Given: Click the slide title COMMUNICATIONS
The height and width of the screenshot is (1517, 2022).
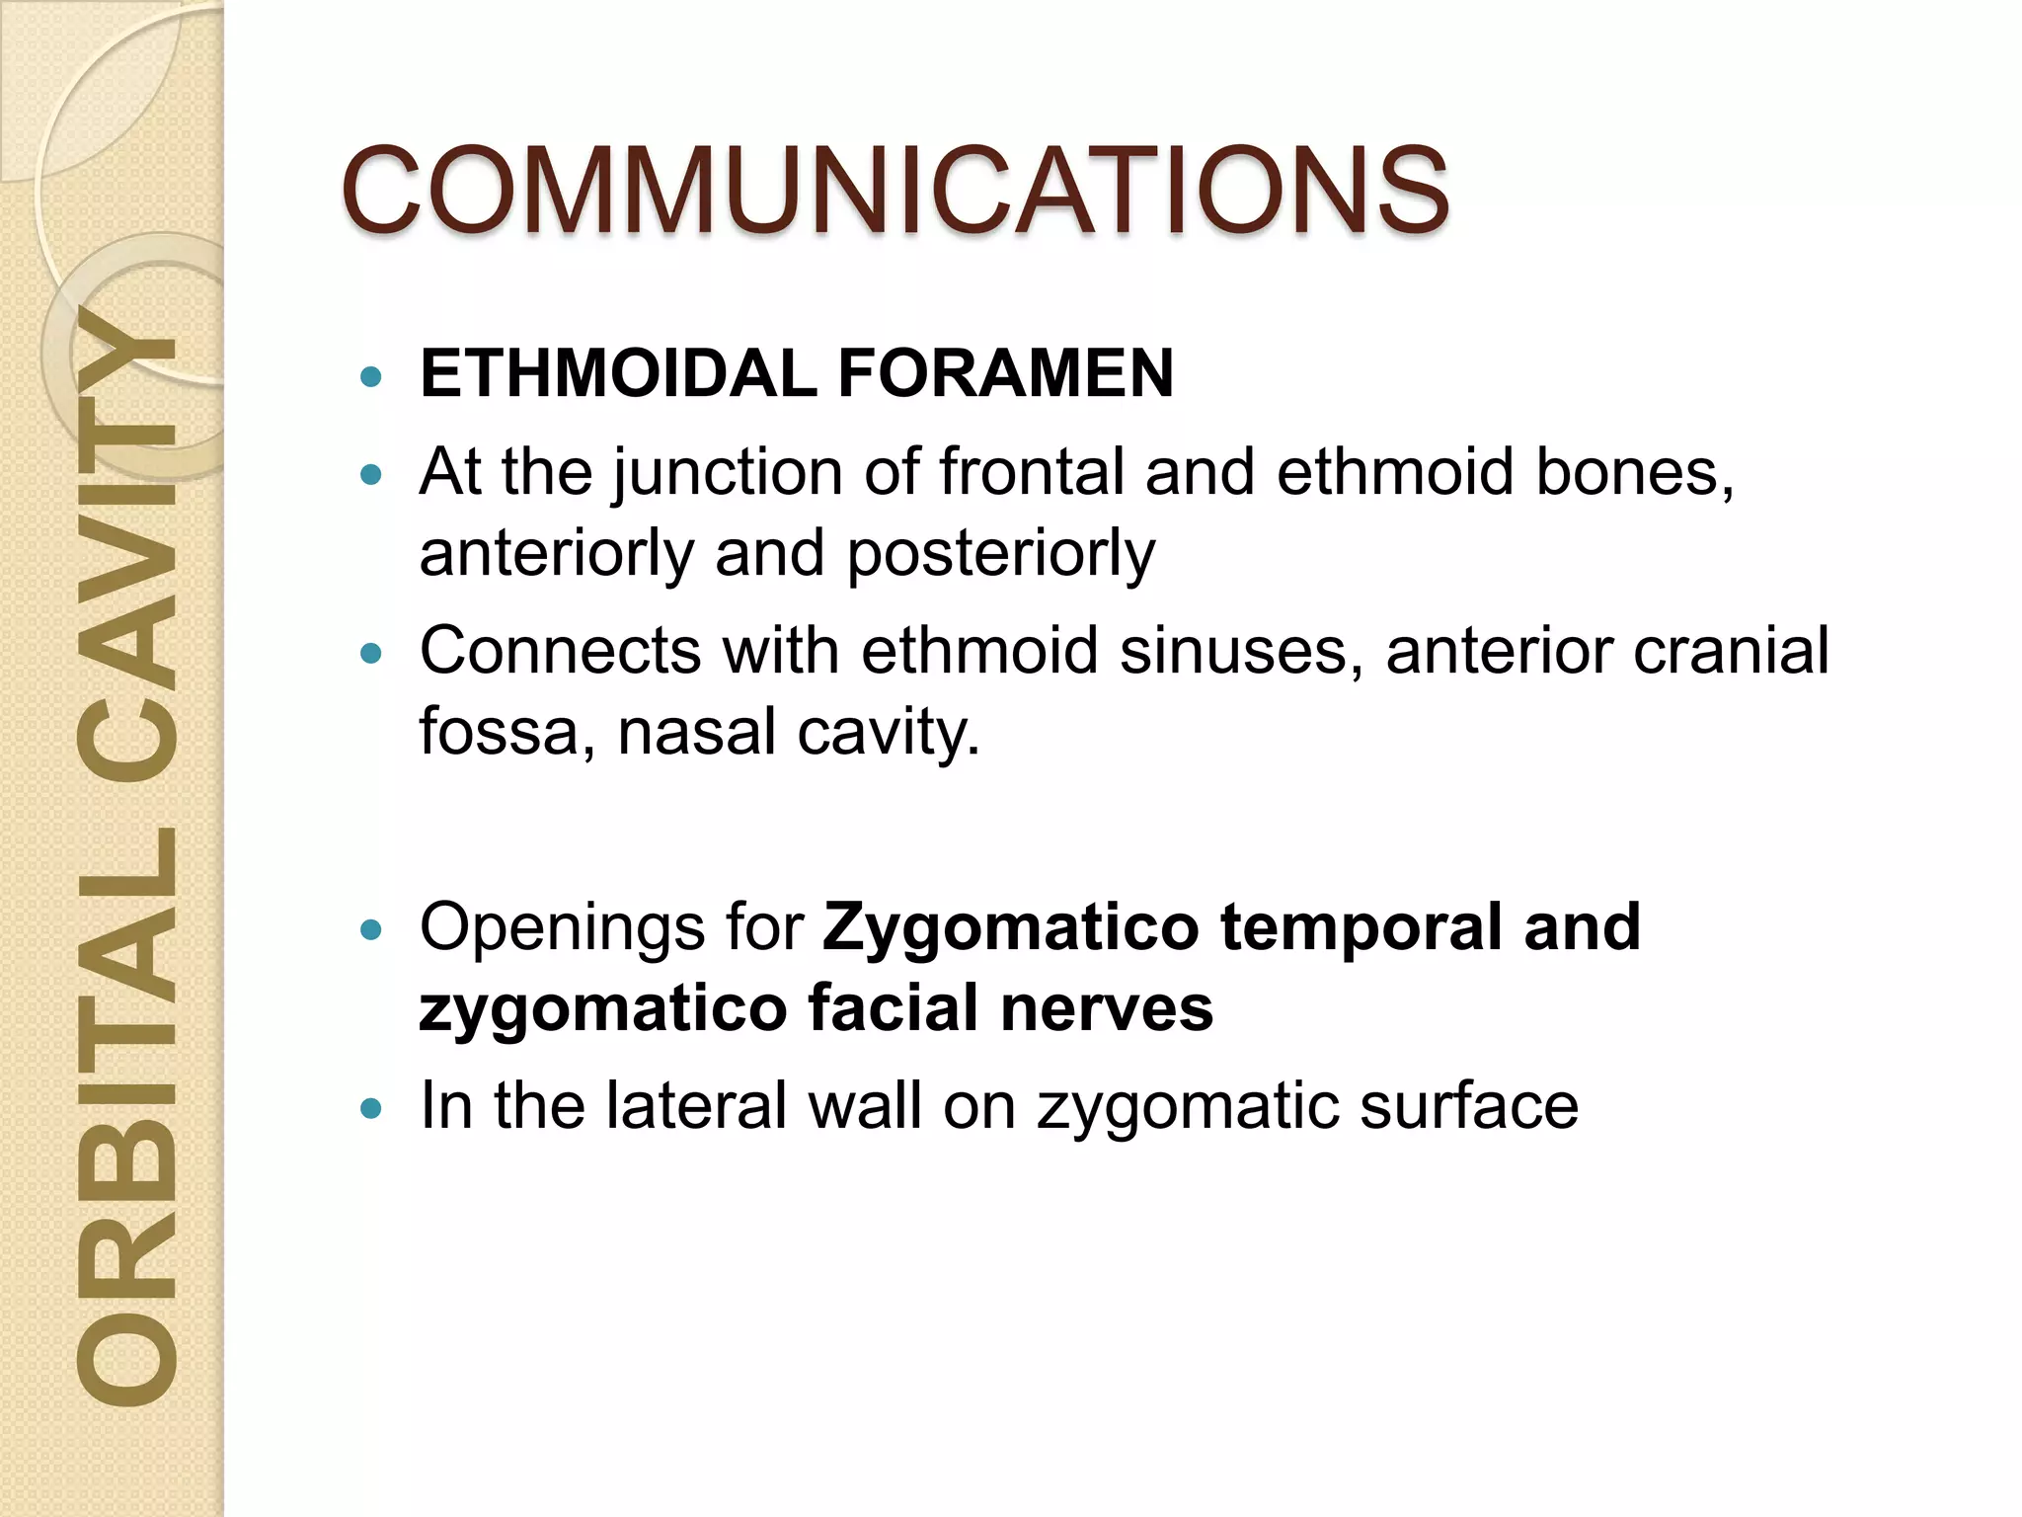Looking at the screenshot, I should [x=894, y=190].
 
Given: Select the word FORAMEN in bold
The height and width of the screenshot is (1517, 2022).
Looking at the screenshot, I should [x=1005, y=373].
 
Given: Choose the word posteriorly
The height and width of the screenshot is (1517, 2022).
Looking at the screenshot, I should [x=1000, y=553].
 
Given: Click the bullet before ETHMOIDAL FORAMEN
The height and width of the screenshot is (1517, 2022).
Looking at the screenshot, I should [x=371, y=376].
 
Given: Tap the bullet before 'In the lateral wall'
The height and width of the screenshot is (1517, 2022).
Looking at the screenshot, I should [x=371, y=1108].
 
